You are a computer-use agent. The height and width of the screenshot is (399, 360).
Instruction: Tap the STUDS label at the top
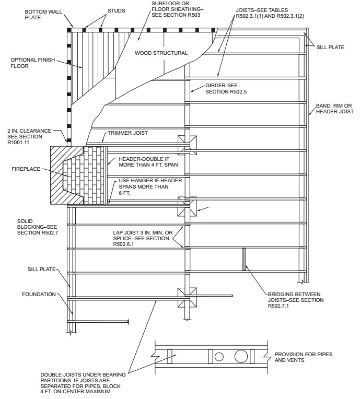coord(116,10)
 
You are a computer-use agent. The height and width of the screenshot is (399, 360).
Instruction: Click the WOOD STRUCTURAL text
coord(160,53)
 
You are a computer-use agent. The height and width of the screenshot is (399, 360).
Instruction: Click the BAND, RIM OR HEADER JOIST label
coord(335,109)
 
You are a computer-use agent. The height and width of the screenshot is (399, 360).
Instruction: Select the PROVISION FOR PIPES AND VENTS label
coord(304,357)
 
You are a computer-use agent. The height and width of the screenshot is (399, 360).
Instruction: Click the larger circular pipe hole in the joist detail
coord(241,356)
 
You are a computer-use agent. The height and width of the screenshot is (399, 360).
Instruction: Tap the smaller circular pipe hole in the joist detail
coord(219,357)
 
